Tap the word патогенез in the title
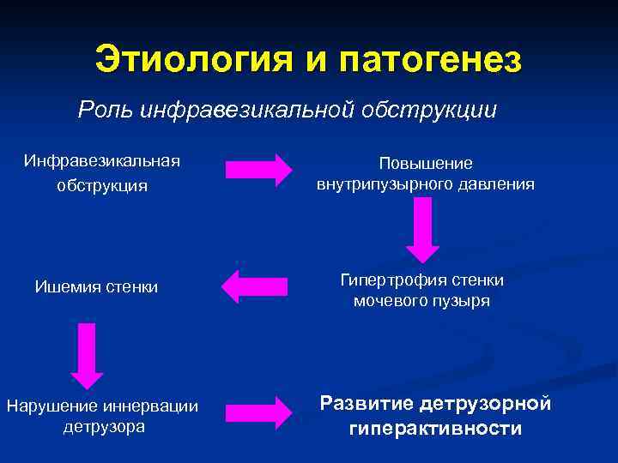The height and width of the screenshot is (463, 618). point(430,60)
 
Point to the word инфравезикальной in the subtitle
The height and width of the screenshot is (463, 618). point(248,110)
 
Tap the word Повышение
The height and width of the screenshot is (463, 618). point(426,163)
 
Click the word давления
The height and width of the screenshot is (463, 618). point(498,184)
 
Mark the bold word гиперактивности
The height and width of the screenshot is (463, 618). point(435,429)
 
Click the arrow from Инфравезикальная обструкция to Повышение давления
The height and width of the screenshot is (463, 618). point(257,169)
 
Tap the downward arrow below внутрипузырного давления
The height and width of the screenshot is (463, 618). point(422,228)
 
